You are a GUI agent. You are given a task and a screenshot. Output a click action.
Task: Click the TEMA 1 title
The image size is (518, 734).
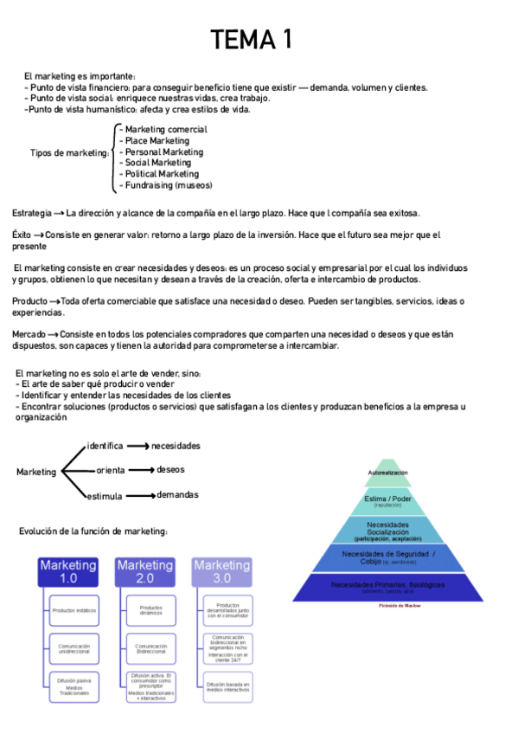[253, 40]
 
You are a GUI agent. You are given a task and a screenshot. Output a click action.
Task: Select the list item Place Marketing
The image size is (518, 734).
[157, 141]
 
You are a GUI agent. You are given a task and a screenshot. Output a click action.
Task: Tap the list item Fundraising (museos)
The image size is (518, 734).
[169, 185]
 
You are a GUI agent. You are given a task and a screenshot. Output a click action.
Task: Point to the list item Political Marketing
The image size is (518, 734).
[162, 174]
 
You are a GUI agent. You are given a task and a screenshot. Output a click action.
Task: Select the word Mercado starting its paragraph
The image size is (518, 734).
[29, 334]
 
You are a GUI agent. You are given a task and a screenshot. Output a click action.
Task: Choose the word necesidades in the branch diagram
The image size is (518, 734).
[176, 446]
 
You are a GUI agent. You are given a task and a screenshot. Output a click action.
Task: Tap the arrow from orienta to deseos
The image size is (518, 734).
[141, 470]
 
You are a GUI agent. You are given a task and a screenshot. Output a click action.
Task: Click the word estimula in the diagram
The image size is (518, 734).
[104, 496]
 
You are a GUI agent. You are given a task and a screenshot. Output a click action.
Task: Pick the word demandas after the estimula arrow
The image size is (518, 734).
[177, 495]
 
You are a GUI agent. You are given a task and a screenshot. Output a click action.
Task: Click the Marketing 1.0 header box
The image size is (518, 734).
[68, 571]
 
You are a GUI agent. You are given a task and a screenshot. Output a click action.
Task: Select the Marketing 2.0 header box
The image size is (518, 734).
[145, 571]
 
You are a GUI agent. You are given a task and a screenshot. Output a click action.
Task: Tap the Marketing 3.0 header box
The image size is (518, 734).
[222, 571]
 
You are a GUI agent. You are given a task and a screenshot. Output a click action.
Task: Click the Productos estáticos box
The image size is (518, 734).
[74, 611]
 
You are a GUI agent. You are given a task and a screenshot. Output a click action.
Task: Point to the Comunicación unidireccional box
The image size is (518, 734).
[74, 649]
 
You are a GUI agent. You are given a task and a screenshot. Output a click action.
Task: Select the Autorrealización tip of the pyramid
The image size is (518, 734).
[387, 473]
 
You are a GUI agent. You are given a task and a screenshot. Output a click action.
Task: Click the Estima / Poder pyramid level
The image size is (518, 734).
[387, 501]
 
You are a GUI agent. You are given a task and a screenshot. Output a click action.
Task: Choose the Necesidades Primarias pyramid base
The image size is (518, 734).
[387, 587]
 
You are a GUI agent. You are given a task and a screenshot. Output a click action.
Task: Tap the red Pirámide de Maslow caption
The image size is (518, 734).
[387, 606]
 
